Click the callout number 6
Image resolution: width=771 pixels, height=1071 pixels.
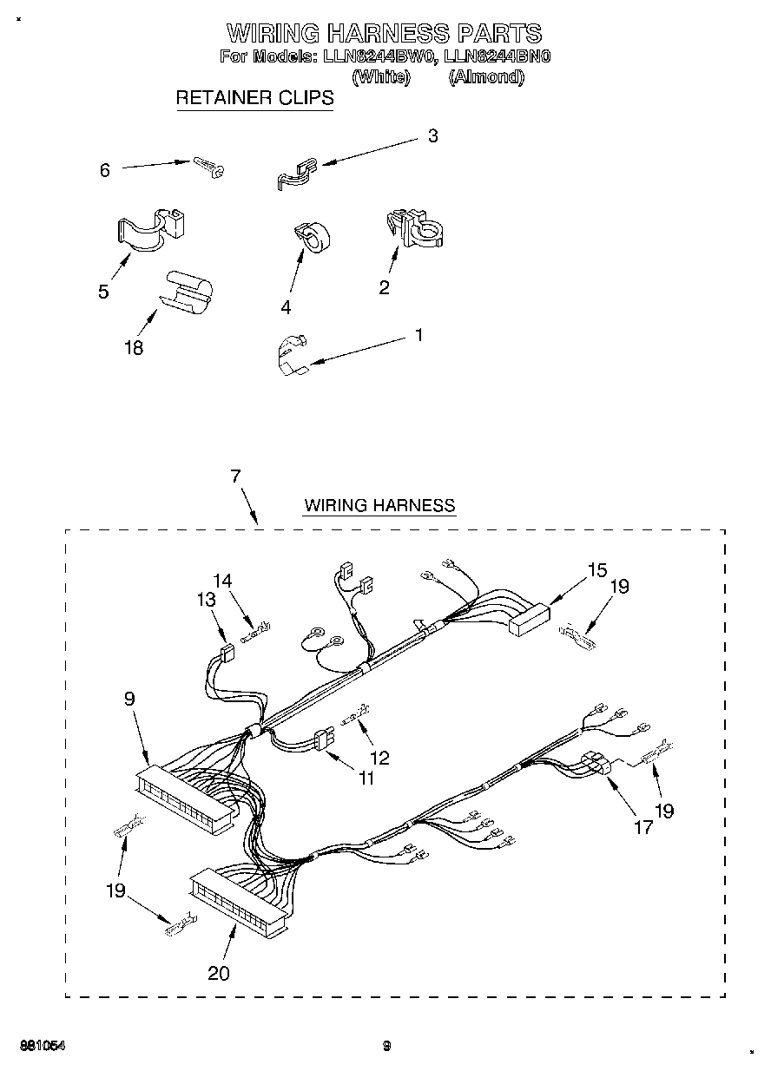click(105, 171)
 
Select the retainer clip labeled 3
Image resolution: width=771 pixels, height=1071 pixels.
click(296, 173)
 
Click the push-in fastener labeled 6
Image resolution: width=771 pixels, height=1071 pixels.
click(208, 166)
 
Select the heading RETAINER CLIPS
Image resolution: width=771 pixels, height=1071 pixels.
click(254, 98)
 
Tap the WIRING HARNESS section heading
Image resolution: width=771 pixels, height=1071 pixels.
click(379, 505)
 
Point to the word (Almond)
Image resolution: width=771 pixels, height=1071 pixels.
click(486, 77)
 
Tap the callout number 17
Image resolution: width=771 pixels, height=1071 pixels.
click(642, 828)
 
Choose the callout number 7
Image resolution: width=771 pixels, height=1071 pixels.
click(235, 476)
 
